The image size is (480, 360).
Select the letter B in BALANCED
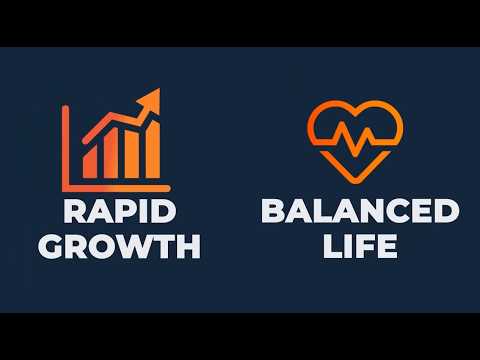tap(273, 212)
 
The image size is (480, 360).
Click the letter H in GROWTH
tap(188, 246)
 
